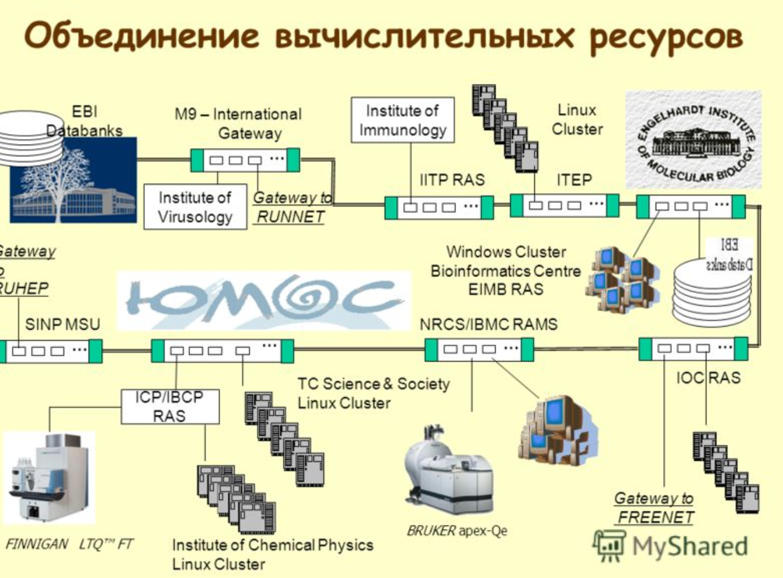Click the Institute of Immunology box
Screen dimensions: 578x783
(x=402, y=120)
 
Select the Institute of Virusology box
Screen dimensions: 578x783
(x=195, y=207)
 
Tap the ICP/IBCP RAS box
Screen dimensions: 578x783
(x=170, y=407)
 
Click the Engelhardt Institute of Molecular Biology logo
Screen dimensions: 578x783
(x=694, y=139)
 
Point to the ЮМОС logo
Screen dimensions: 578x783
(x=263, y=301)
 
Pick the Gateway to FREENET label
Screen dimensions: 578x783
(x=655, y=507)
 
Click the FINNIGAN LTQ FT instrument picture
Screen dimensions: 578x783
(x=49, y=478)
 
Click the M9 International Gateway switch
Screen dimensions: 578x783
(x=245, y=160)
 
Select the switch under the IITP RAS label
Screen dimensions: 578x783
(x=439, y=207)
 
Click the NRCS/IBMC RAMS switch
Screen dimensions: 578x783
(x=479, y=349)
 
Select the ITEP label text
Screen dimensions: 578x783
(x=573, y=180)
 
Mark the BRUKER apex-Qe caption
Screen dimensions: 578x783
(x=457, y=531)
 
